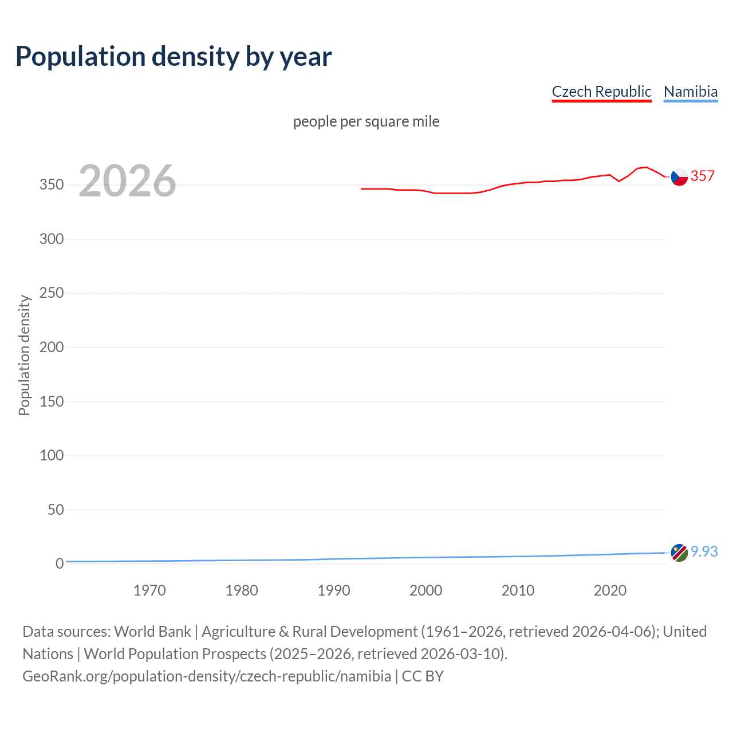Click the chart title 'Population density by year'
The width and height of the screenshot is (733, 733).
pyautogui.click(x=174, y=57)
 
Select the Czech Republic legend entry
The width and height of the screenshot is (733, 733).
pyautogui.click(x=601, y=92)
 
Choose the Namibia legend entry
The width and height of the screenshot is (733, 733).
pyautogui.click(x=690, y=92)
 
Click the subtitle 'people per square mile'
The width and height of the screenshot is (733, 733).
pyautogui.click(x=366, y=121)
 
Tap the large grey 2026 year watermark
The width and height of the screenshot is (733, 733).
pyautogui.click(x=127, y=181)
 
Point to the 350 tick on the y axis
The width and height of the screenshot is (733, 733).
pyautogui.click(x=52, y=185)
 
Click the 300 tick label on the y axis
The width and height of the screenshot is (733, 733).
pyautogui.click(x=52, y=239)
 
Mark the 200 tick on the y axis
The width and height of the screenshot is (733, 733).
pyautogui.click(x=52, y=347)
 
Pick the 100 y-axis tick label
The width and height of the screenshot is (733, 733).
pyautogui.click(x=52, y=455)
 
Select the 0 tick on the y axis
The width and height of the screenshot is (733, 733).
pyautogui.click(x=60, y=563)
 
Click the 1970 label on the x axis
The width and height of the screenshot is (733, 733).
pyautogui.click(x=149, y=590)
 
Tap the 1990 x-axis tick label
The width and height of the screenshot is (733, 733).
pyautogui.click(x=334, y=590)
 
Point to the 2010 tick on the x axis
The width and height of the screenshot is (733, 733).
pyautogui.click(x=518, y=590)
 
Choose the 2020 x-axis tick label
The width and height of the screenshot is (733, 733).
pyautogui.click(x=610, y=590)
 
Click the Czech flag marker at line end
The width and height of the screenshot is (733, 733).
pyautogui.click(x=679, y=177)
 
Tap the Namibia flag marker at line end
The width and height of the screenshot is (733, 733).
pyautogui.click(x=679, y=553)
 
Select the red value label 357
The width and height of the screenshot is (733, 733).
pyautogui.click(x=703, y=176)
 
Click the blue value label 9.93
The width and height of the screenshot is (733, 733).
pyautogui.click(x=704, y=551)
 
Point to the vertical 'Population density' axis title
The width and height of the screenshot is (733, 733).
pyautogui.click(x=24, y=355)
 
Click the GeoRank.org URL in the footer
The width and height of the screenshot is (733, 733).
pyautogui.click(x=207, y=676)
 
